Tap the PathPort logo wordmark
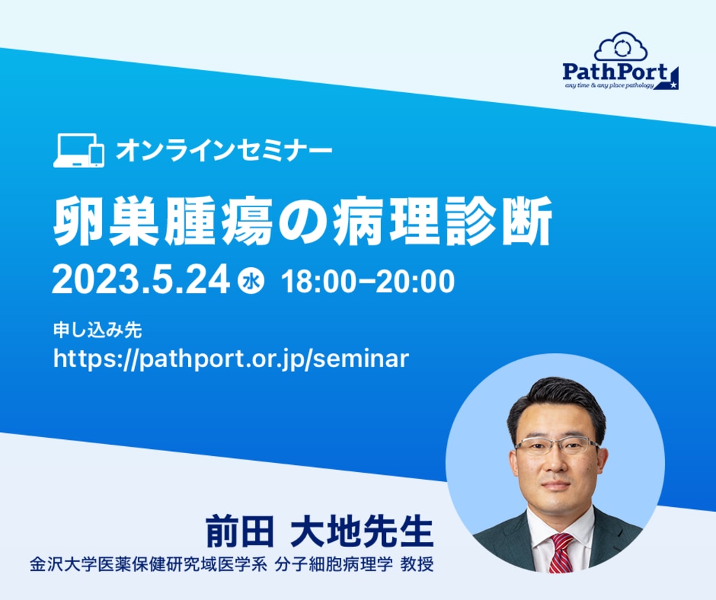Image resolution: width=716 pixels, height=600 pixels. tap(615, 72)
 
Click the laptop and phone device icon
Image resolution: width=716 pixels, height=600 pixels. tap(78, 150)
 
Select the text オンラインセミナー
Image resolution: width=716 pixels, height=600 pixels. tap(224, 150)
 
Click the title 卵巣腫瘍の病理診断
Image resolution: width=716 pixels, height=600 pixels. tap(302, 221)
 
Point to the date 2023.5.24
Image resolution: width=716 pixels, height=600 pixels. tap(141, 280)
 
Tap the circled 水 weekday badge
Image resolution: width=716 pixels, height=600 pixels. tap(251, 280)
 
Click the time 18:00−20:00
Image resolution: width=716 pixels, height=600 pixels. tap(368, 280)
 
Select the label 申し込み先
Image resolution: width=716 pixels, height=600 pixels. tap(97, 329)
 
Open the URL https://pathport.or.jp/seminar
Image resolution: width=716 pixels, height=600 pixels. tap(231, 359)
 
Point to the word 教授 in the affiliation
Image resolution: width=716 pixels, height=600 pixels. tap(417, 565)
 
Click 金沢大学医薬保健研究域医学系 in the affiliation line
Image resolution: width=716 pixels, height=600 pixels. tap(148, 565)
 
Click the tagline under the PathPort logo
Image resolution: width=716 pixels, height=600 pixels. tap(609, 86)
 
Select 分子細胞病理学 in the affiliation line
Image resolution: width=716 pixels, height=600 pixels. tap(334, 565)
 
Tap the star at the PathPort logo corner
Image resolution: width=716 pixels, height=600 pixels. tap(673, 85)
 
